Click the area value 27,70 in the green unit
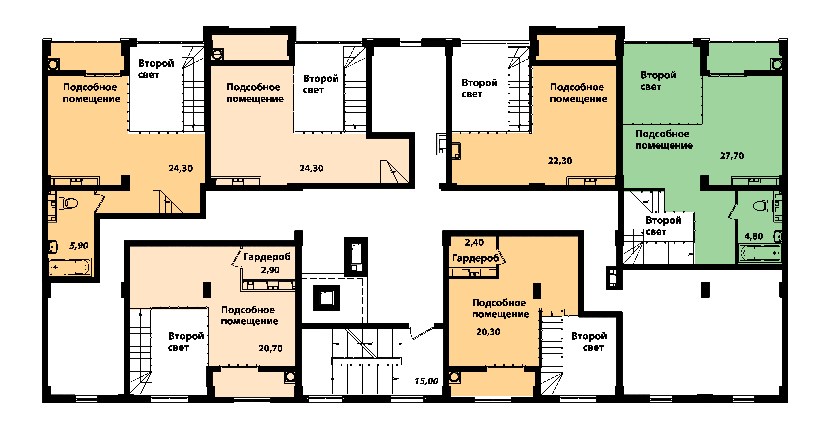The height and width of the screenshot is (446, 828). tap(732, 156)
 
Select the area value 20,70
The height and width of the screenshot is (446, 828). tap(270, 348)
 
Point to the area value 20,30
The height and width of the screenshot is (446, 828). tap(488, 332)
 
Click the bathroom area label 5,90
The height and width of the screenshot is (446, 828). tap(79, 246)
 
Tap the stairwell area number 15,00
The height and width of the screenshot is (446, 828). tap(426, 381)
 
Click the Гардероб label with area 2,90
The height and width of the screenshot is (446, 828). tap(267, 257)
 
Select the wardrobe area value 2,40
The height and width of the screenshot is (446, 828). tap(474, 242)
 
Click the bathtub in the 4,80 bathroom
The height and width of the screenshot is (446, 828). tap(760, 253)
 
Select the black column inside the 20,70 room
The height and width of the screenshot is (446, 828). tap(207, 289)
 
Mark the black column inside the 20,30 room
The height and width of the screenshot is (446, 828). tap(537, 291)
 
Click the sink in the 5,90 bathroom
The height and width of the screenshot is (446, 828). tap(53, 247)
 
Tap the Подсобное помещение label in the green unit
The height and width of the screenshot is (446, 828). tap(664, 140)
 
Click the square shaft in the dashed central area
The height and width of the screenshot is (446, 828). tap(327, 298)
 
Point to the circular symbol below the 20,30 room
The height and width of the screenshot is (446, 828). tap(454, 377)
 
